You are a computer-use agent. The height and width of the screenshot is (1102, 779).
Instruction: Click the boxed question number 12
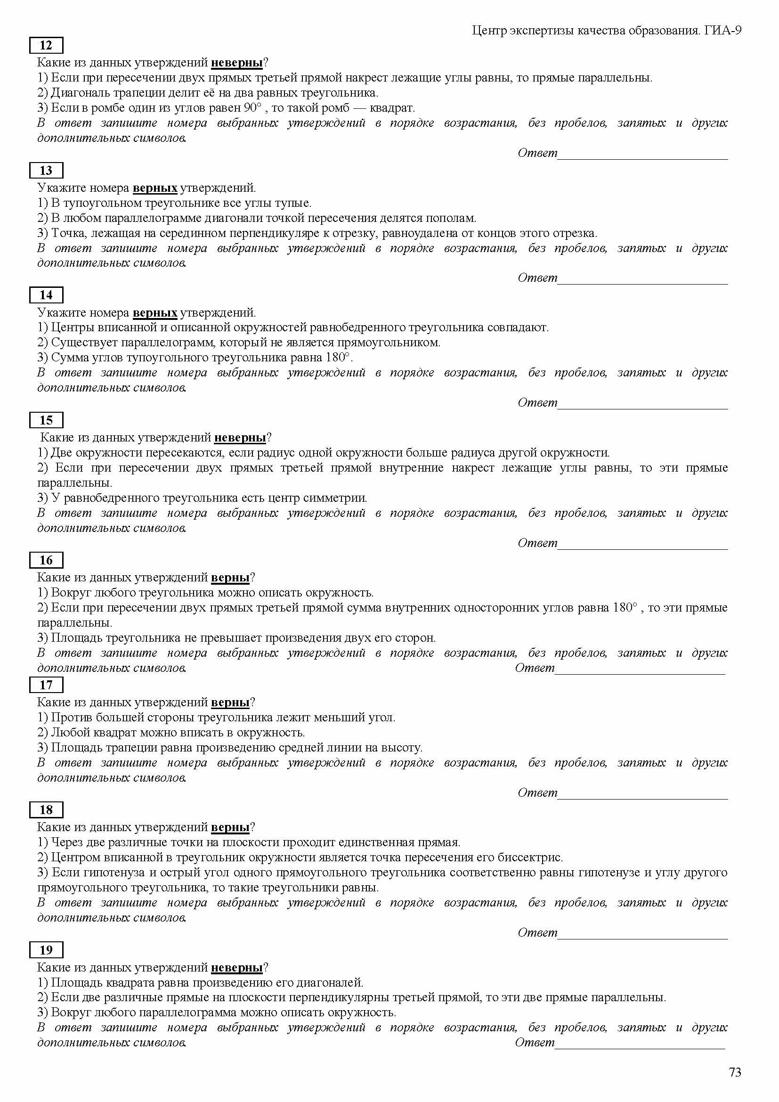(x=46, y=46)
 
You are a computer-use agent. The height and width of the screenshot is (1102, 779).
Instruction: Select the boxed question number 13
(x=46, y=171)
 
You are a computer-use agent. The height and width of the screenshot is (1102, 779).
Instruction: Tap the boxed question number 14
(x=46, y=294)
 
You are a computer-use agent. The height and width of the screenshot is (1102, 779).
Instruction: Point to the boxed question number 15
(x=46, y=420)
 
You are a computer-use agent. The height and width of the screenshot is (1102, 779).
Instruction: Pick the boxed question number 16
(x=46, y=560)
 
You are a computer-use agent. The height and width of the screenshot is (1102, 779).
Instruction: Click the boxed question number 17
(x=46, y=685)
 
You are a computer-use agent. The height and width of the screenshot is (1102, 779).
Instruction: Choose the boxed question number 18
(x=46, y=810)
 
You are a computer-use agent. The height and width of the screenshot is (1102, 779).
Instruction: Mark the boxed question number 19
(x=46, y=950)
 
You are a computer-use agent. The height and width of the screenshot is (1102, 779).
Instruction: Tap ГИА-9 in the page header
(x=723, y=31)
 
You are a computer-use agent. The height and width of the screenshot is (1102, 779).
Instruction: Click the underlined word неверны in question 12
(x=236, y=62)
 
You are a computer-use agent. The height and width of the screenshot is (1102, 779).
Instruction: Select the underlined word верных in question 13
(x=155, y=188)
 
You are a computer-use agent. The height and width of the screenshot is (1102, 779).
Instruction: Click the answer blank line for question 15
(x=643, y=547)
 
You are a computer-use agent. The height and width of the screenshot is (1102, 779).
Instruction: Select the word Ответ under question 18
(x=537, y=932)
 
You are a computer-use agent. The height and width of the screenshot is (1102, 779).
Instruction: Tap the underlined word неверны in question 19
(x=236, y=967)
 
